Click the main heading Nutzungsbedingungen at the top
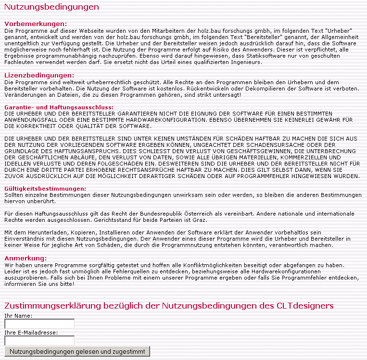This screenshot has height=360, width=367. (x=51, y=7)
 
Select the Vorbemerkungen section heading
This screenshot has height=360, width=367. (x=36, y=24)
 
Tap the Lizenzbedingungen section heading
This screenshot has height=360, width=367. (x=39, y=75)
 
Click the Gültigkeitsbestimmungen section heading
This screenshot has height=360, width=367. (x=45, y=188)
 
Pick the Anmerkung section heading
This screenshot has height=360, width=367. (x=32, y=258)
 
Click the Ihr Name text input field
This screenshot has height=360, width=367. (x=39, y=323)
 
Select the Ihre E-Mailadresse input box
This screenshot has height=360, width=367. (x=39, y=340)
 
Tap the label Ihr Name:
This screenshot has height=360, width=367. (x=18, y=316)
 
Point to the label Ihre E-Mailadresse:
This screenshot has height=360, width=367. (x=31, y=332)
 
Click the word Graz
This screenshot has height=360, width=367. (x=201, y=219)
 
